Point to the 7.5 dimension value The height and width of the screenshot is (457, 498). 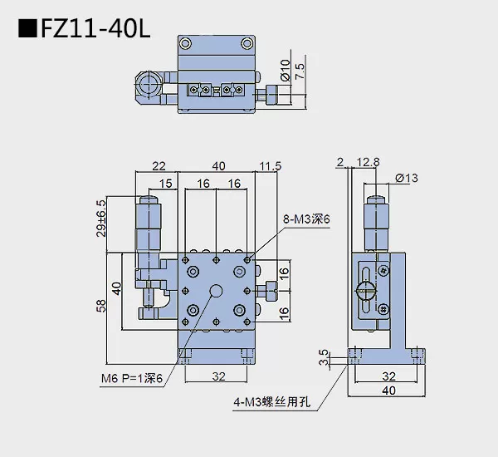(300, 71)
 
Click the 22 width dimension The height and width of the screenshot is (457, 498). (160, 166)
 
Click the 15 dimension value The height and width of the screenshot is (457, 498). (167, 184)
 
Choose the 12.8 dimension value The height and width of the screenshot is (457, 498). (369, 164)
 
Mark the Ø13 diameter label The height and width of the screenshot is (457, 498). (406, 177)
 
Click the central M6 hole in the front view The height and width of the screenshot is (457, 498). (217, 291)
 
